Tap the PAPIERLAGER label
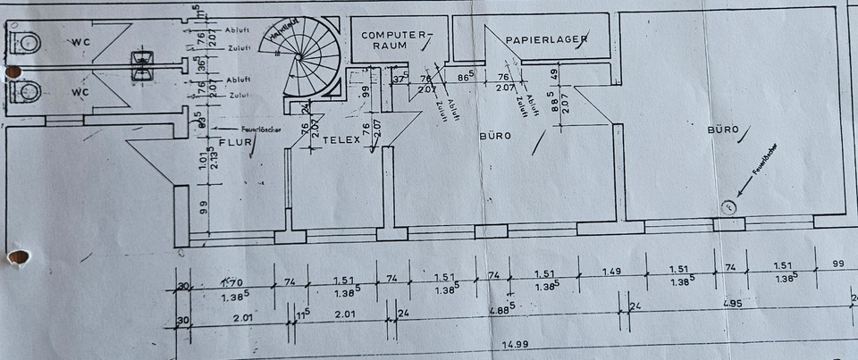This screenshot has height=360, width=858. (x=545, y=40)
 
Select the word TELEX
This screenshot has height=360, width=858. (x=340, y=140)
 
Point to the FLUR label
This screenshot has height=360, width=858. (x=235, y=141)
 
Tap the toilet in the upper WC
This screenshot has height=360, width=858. (x=27, y=41)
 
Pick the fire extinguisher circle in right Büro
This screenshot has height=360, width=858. (x=729, y=207)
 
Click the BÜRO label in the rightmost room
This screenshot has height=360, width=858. (x=723, y=130)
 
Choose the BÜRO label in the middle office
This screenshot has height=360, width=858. (x=493, y=137)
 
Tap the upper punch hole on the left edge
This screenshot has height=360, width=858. (x=13, y=71)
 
